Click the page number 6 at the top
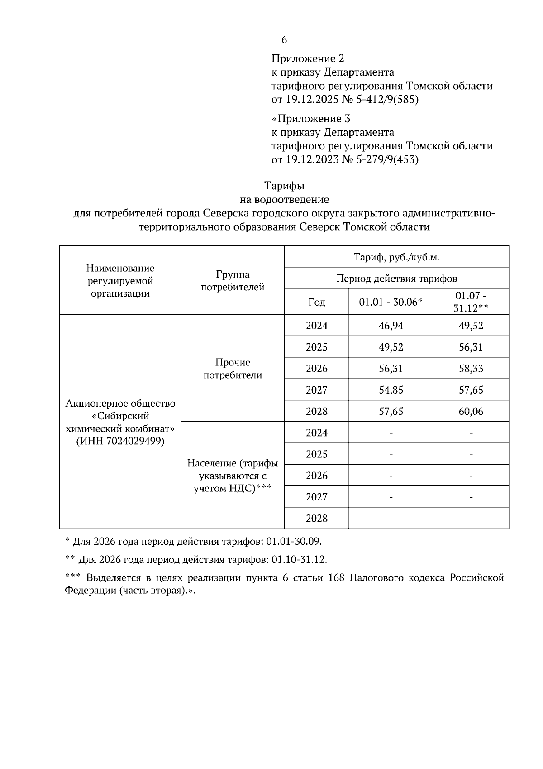click(x=284, y=40)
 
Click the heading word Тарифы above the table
click(x=284, y=186)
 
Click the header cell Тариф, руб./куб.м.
click(x=396, y=257)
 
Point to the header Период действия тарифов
click(x=396, y=278)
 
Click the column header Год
click(x=316, y=302)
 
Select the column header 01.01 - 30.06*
click(x=391, y=302)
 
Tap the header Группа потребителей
click(x=233, y=281)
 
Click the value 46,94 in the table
click(x=391, y=326)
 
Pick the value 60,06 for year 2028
click(x=471, y=411)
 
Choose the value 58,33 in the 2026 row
click(x=471, y=369)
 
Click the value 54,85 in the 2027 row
click(x=391, y=390)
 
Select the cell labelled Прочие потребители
click(x=233, y=369)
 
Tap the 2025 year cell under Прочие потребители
click(x=316, y=347)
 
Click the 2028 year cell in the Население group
click(x=316, y=518)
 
